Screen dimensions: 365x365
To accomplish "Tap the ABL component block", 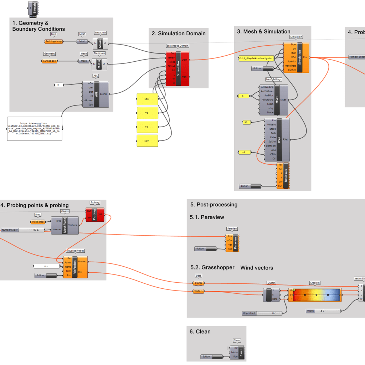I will (96, 94).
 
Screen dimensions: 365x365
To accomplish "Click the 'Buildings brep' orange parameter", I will (54, 41).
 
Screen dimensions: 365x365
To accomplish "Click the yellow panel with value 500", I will (147, 140).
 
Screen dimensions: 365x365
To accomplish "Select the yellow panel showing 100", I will (147, 99).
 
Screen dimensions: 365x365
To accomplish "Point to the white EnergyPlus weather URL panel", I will (35, 128).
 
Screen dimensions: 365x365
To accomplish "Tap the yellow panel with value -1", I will (246, 153).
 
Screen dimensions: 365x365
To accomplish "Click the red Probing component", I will (94, 214).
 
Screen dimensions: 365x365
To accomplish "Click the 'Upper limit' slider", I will (262, 313).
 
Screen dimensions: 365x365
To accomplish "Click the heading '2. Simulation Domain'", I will (179, 34).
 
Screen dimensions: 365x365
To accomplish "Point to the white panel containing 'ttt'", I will (46, 266).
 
